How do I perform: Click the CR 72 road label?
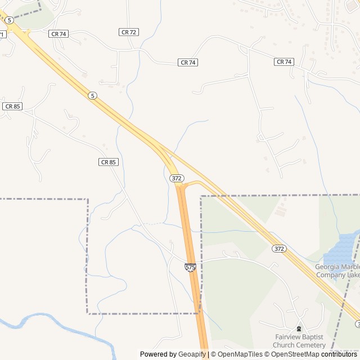point(129,32)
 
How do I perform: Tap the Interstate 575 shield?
point(190,268)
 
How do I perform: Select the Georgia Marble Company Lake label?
point(337,271)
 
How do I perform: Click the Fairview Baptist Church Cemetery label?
point(299,341)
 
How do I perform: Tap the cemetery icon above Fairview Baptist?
point(299,328)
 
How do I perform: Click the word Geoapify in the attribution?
point(191,354)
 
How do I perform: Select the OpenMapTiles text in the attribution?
point(241,354)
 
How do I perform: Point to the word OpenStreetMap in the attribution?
point(292,354)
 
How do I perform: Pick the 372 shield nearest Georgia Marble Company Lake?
point(279,248)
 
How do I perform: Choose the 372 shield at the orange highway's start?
point(177,178)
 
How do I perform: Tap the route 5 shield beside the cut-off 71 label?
point(10,20)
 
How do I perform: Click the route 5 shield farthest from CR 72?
point(92,96)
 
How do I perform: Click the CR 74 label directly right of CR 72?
point(188,62)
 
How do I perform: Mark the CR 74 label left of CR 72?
point(58,34)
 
